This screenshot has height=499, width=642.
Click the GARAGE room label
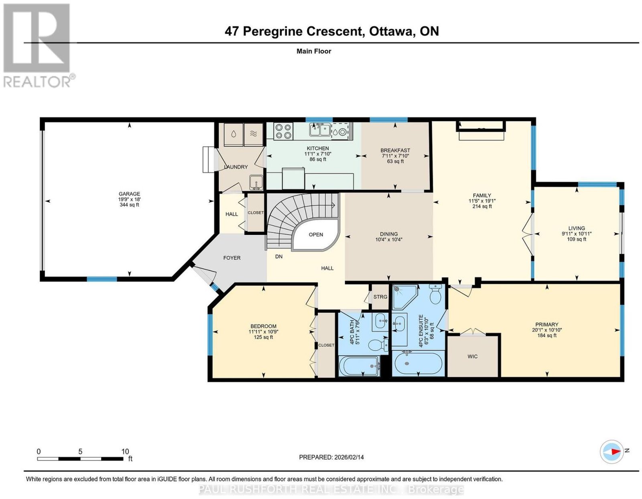click(129, 194)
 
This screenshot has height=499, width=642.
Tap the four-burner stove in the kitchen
click(283, 131)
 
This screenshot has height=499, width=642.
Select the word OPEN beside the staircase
click(316, 234)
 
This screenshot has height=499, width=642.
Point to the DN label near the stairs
click(278, 257)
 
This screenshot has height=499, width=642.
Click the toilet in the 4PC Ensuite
click(435, 294)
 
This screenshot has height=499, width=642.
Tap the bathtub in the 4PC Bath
click(359, 366)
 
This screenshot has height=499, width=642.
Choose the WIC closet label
click(472, 356)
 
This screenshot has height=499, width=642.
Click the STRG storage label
click(380, 297)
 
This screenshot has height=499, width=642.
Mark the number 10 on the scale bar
click(125, 452)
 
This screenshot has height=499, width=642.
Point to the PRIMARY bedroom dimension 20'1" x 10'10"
click(547, 330)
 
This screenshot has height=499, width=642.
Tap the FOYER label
click(232, 258)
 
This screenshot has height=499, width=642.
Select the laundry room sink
click(256, 182)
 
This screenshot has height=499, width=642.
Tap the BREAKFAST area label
click(395, 151)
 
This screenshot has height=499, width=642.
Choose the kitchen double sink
click(320, 130)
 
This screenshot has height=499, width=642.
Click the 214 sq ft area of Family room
click(482, 206)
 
